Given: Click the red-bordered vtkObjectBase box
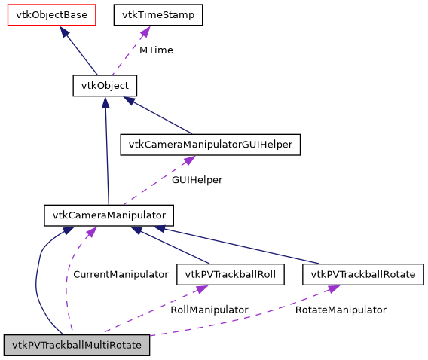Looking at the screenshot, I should (x=51, y=15).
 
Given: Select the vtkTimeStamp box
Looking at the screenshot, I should (x=157, y=15).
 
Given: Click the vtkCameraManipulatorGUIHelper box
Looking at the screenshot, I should (x=211, y=144).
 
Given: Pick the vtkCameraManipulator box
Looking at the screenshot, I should (x=109, y=215).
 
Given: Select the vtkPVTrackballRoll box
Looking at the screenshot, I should (x=230, y=274).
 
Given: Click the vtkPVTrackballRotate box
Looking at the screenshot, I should (x=362, y=274).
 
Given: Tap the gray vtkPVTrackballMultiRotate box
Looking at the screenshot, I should (x=76, y=345).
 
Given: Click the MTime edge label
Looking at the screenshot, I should (x=156, y=50).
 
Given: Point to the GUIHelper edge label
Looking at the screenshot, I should (x=197, y=180).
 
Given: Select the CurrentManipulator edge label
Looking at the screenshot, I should (x=120, y=274).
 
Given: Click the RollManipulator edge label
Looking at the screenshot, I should (x=209, y=310).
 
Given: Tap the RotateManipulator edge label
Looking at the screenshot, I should (x=340, y=310).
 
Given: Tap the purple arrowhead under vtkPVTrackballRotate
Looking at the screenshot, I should (x=332, y=290).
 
